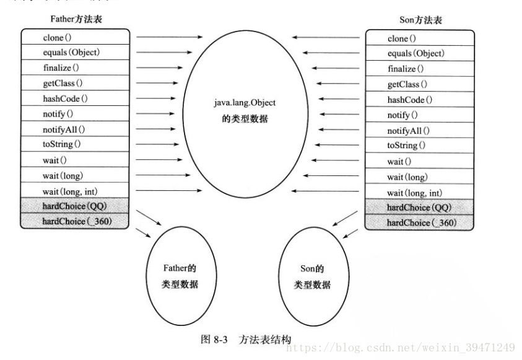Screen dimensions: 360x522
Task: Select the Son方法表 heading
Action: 420,20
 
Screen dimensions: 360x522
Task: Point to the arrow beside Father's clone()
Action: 168,37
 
